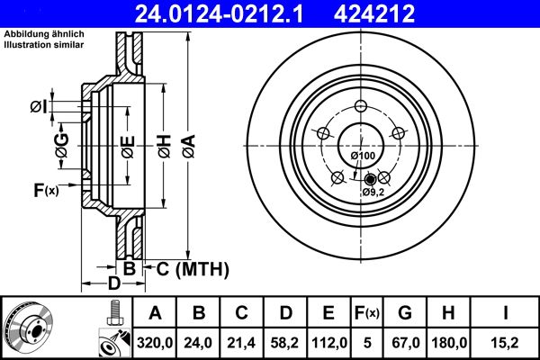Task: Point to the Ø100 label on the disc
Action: (x=363, y=157)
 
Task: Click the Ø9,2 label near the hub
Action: (x=374, y=192)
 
